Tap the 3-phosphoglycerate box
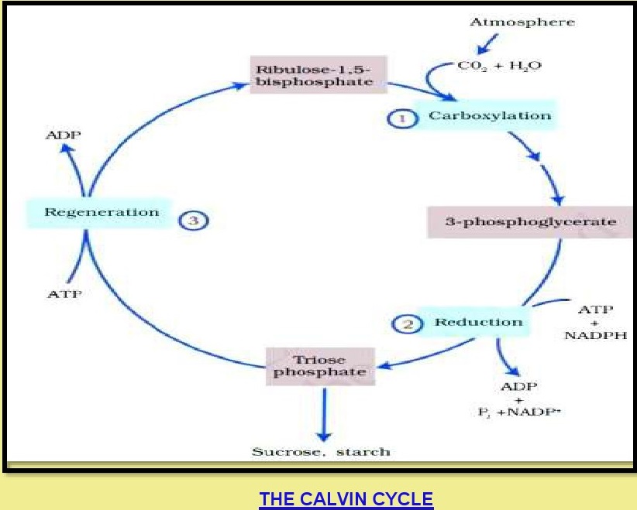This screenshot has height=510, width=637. tap(530, 222)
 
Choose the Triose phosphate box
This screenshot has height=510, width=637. tap(318, 366)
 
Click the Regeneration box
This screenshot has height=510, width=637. tap(102, 212)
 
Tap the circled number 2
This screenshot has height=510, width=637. tap(408, 323)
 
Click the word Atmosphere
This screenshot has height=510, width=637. tap(522, 22)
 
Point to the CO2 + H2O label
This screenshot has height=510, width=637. tap(500, 66)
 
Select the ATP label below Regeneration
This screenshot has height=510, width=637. tap(64, 294)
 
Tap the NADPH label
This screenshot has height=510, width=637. tap(596, 336)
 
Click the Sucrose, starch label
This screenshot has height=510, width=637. tap(321, 451)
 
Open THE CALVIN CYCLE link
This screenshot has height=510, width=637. tap(346, 499)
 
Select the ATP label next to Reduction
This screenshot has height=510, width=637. tap(596, 310)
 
